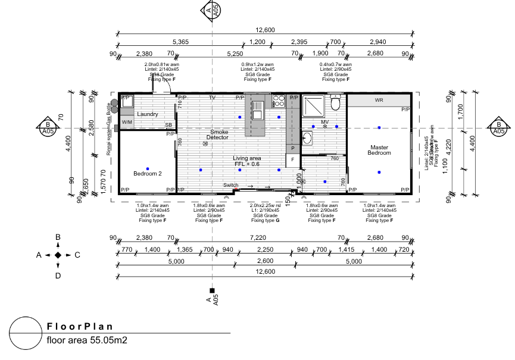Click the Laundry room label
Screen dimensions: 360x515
(147, 114)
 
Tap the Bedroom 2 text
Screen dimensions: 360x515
(147, 173)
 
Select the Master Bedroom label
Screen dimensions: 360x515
(379, 150)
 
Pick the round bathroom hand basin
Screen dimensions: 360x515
(307, 139)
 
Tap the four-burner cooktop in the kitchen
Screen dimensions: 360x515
(277, 101)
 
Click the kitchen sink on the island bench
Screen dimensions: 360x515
(257, 109)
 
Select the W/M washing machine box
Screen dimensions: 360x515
(127, 122)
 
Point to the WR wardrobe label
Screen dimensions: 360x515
(379, 101)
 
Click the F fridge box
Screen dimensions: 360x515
(292, 159)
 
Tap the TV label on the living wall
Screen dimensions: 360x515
(211, 98)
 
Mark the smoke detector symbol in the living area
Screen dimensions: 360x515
(205, 143)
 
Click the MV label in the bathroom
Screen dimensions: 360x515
(324, 122)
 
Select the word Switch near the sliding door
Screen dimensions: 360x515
(230, 185)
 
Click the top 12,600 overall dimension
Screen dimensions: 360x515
(265, 30)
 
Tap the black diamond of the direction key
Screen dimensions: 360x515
(58, 255)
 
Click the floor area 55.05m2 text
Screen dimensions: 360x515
(87, 341)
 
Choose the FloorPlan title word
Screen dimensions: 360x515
(80, 327)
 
